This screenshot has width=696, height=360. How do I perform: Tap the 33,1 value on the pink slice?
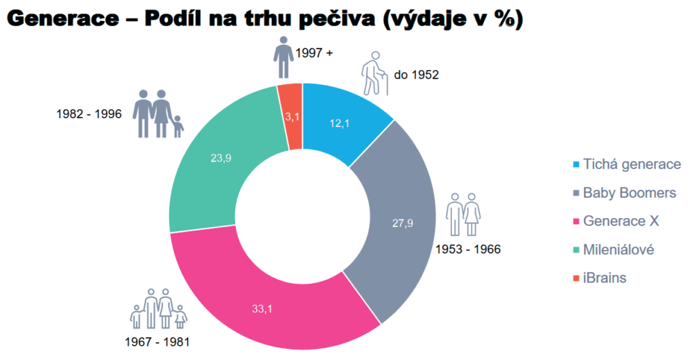(261, 308)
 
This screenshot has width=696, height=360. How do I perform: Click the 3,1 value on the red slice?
(293, 118)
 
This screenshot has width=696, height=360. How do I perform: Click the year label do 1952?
(416, 75)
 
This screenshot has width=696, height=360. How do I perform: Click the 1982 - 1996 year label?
(89, 113)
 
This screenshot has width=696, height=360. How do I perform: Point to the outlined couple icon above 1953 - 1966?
(463, 215)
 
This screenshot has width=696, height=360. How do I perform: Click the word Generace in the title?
(63, 19)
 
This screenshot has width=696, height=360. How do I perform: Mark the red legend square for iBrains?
(575, 278)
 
